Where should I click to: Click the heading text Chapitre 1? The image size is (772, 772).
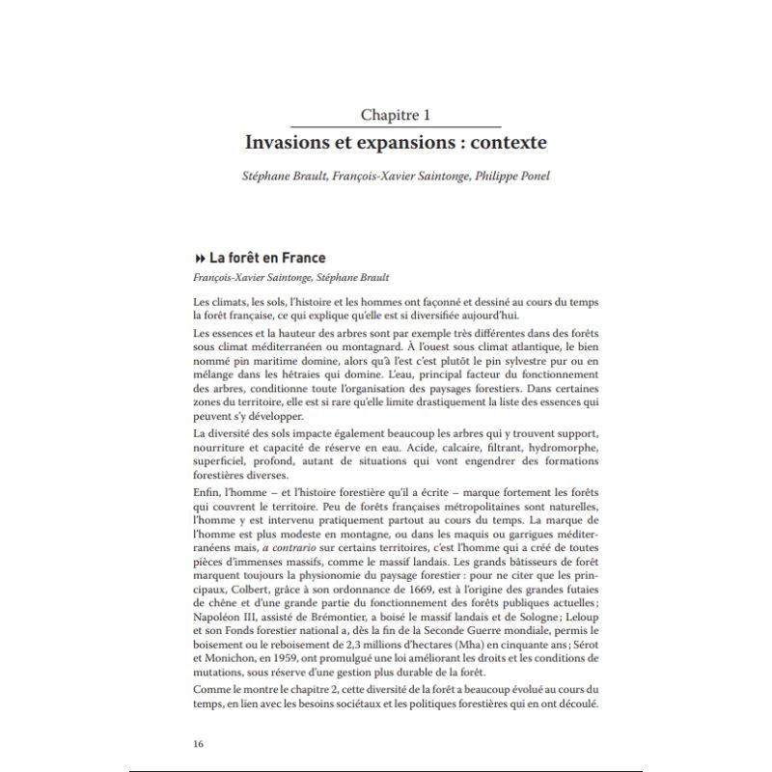(395, 114)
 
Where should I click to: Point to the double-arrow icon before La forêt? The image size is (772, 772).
(200, 259)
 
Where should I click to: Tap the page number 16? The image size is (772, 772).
(200, 743)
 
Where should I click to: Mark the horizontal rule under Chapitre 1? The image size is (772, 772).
(396, 126)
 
